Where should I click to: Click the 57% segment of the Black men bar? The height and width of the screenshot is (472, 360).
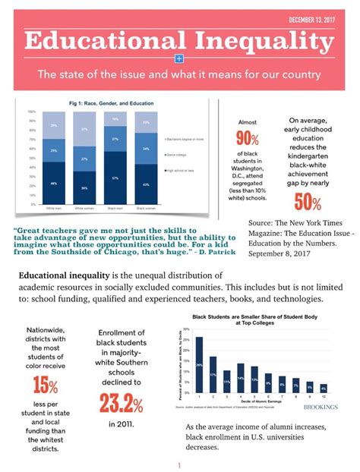tap(115, 178)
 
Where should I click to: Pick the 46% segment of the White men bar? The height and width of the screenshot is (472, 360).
tap(53, 183)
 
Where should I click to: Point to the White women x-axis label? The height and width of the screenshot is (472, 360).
tap(84, 206)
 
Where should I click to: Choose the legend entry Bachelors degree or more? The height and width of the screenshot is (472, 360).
tap(184, 139)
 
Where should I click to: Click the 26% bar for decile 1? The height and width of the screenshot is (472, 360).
tap(199, 363)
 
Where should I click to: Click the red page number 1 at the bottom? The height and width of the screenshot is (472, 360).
tap(179, 464)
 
